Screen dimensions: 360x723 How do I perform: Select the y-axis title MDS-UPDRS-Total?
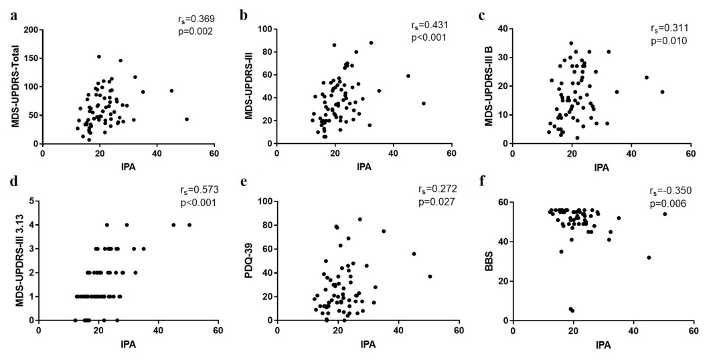[x=13, y=86]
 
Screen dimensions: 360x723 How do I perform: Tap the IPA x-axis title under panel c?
[x=602, y=167]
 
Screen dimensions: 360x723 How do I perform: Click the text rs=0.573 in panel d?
[x=199, y=189]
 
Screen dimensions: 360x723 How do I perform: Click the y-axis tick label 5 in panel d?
[x=32, y=201]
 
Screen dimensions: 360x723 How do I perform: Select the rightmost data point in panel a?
[x=187, y=119]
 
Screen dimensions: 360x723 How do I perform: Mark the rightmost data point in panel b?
[x=423, y=103]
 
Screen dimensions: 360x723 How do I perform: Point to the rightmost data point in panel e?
[x=430, y=276]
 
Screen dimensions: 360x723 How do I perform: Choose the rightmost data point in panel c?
[x=662, y=92]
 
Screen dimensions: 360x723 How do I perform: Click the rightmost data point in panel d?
[x=189, y=225]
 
